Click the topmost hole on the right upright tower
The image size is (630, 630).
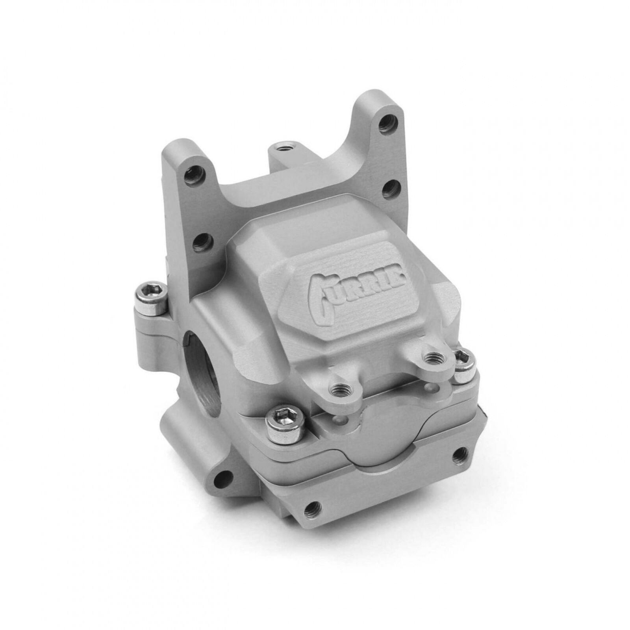pyautogui.click(x=387, y=122)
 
